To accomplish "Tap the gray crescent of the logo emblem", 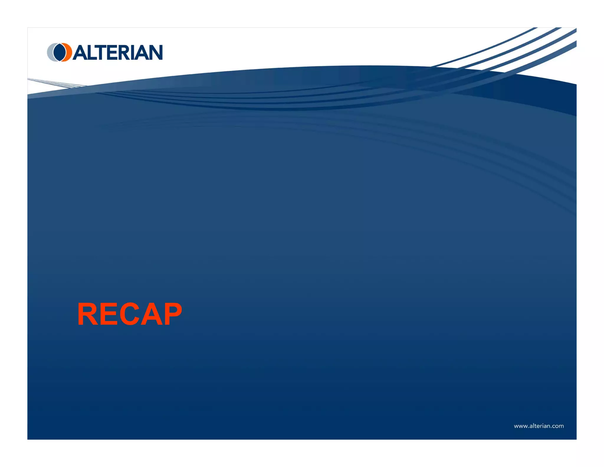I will (x=50, y=53).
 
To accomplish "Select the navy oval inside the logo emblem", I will (x=60, y=52).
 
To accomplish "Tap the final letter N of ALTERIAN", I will (x=156, y=53).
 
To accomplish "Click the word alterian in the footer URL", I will (x=540, y=426).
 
